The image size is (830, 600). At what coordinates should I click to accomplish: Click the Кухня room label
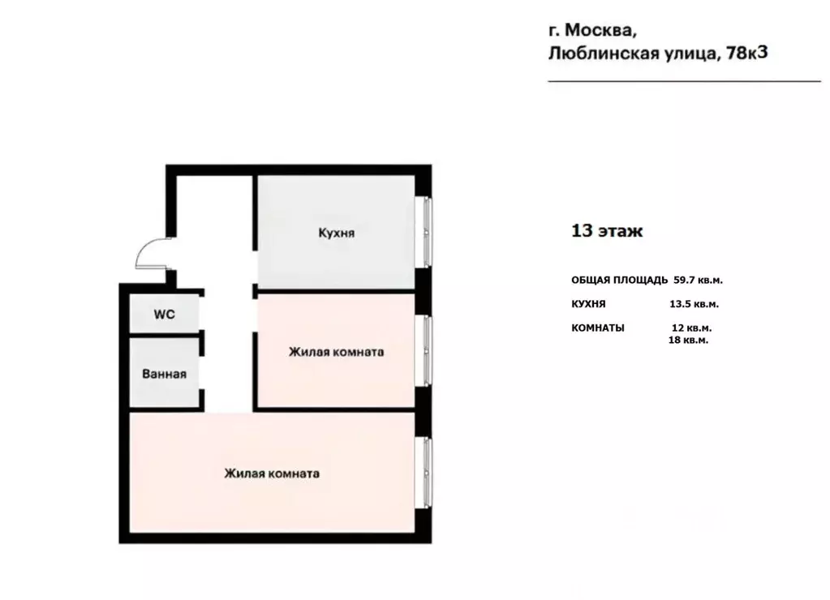[x=336, y=234]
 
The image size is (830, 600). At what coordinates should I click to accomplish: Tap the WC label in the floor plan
[x=165, y=315]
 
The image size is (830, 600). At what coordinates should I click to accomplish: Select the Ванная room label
[x=164, y=374]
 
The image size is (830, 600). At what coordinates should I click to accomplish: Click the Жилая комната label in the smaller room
[x=336, y=353]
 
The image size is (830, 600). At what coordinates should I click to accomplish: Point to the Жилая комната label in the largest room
[x=272, y=474]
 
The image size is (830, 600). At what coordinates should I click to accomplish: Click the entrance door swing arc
[x=148, y=251]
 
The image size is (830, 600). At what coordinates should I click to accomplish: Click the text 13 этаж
[x=607, y=231]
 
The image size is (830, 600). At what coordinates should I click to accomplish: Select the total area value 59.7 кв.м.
[x=698, y=281]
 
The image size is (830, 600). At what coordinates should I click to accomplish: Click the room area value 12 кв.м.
[x=691, y=328]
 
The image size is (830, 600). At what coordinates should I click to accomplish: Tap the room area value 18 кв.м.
[x=688, y=341]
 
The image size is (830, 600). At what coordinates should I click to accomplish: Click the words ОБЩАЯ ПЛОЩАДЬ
[x=620, y=281]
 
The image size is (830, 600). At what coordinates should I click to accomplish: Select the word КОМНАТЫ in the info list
[x=598, y=328]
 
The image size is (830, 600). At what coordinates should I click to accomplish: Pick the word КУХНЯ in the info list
[x=588, y=305]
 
